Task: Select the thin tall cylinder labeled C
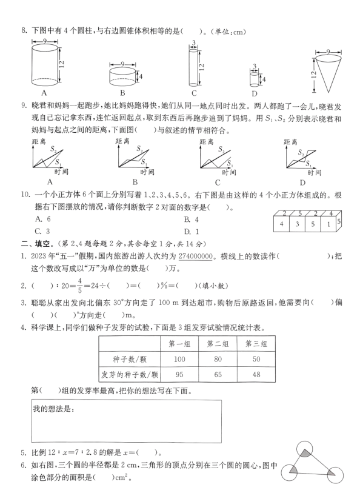[194, 67]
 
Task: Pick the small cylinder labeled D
[255, 79]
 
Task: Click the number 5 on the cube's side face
[339, 221]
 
